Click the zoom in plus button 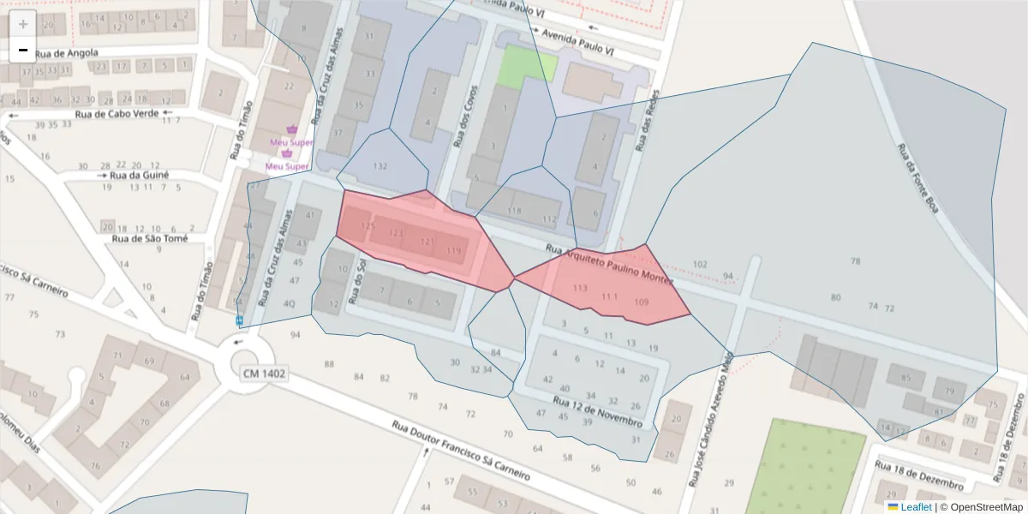(23, 24)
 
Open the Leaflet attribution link (915, 507)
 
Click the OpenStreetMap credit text (985, 507)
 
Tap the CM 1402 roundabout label (264, 374)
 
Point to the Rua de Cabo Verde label (117, 113)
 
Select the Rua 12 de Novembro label (598, 413)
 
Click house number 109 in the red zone (641, 302)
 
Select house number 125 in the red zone (368, 226)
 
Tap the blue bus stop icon (240, 320)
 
